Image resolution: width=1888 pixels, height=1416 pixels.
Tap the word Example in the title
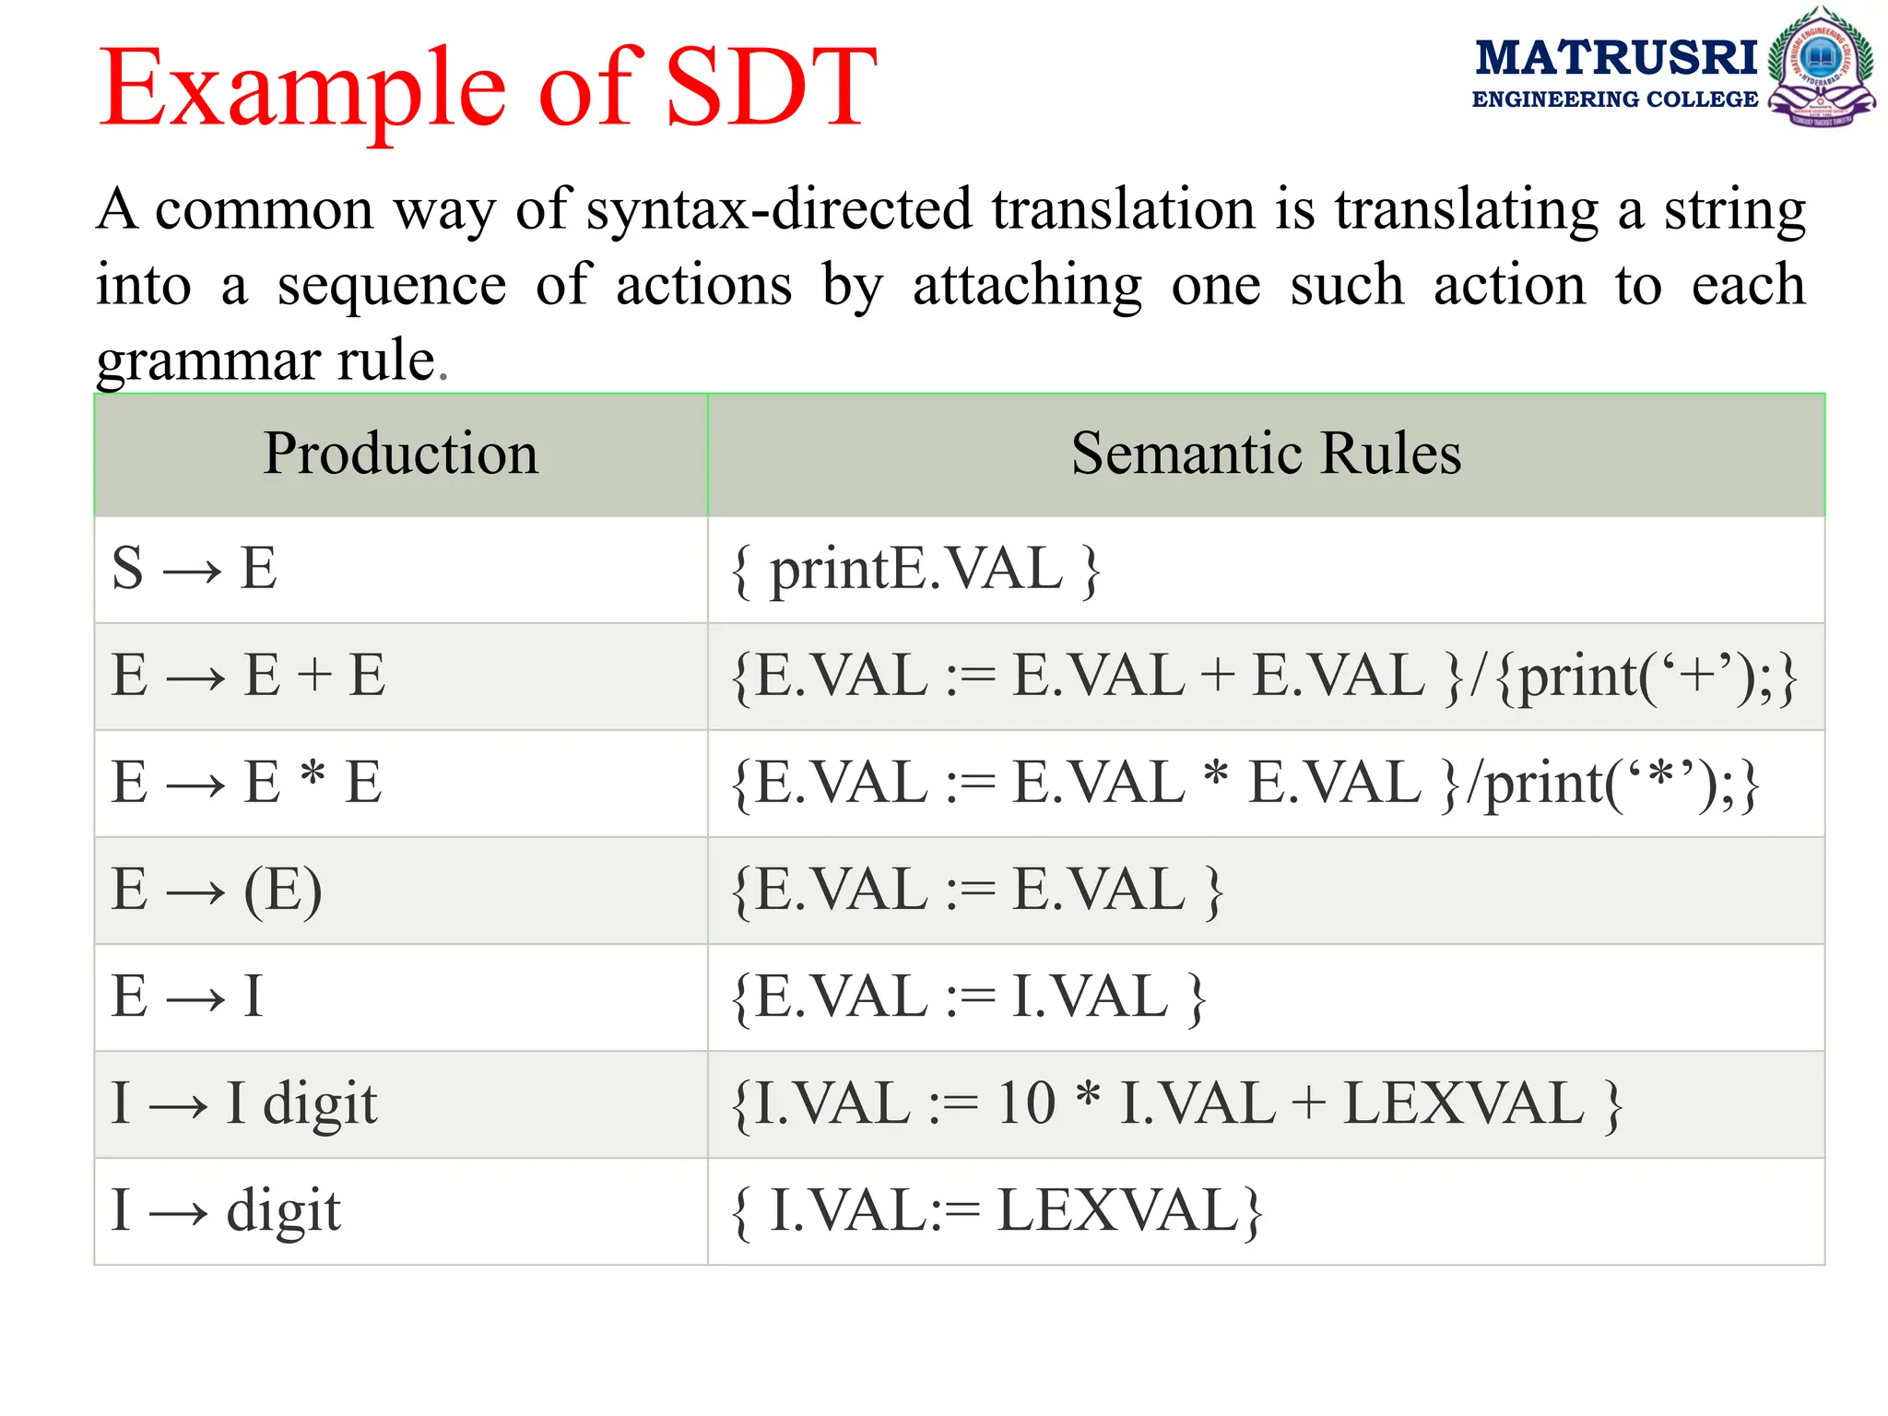click(303, 89)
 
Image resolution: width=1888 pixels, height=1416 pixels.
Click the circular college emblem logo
click(1821, 66)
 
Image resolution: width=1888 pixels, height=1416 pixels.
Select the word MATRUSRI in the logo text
click(1616, 58)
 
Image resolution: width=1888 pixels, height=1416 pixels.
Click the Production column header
click(400, 454)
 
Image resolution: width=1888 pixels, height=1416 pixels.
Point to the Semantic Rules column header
click(1266, 454)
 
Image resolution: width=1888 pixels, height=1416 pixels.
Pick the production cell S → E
click(195, 568)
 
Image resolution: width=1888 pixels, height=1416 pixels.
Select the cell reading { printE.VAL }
click(915, 569)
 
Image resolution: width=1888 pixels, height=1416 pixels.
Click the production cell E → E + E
click(247, 676)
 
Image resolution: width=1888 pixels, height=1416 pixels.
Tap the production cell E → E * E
click(246, 783)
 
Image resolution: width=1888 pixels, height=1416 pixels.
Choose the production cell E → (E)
click(217, 890)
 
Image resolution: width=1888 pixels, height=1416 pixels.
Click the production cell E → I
click(187, 997)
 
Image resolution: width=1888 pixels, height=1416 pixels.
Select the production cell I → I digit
click(244, 1103)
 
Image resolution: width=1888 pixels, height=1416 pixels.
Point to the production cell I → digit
click(226, 1210)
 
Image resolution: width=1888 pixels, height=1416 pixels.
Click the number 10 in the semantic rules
click(1026, 1103)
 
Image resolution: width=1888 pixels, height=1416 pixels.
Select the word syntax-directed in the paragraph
click(779, 209)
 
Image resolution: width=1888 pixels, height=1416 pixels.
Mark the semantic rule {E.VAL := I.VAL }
click(968, 997)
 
